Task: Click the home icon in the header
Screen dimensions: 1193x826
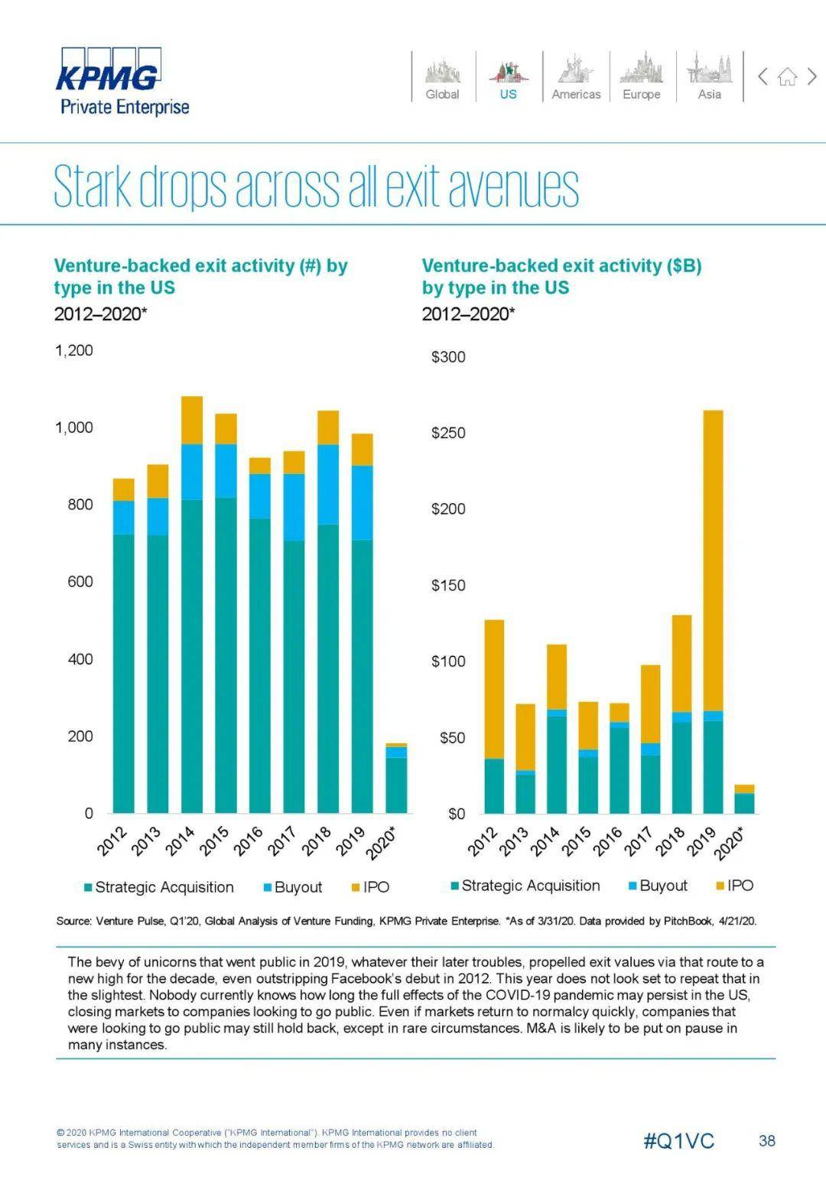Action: tap(787, 76)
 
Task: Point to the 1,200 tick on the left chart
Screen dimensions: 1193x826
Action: tap(73, 350)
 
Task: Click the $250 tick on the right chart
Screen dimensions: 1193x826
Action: tap(448, 433)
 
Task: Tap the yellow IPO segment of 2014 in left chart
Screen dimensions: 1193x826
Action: tap(192, 420)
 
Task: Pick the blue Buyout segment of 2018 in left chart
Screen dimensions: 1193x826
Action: tap(328, 484)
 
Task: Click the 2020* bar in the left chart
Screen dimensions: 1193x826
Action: tap(396, 780)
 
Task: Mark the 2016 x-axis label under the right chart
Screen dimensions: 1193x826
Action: tap(609, 840)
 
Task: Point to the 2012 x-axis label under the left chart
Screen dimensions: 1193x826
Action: tap(112, 840)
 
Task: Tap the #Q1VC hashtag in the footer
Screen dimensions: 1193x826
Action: tap(678, 1141)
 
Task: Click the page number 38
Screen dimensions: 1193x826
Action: tap(766, 1141)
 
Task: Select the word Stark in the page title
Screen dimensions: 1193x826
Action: tap(93, 186)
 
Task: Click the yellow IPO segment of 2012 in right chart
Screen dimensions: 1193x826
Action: tap(494, 688)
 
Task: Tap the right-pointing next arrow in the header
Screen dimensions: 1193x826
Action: tap(812, 76)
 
